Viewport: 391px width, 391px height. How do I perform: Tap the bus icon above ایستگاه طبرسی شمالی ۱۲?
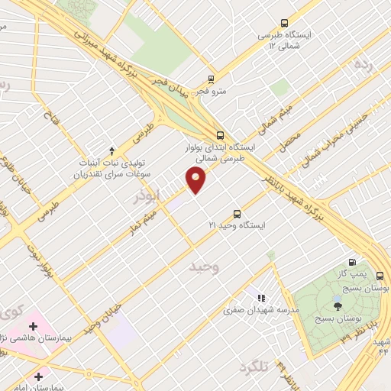(x=285, y=23)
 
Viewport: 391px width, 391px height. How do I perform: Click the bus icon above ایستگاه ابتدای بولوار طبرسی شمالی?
(x=220, y=134)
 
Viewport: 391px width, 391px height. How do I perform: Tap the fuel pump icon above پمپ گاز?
(x=351, y=261)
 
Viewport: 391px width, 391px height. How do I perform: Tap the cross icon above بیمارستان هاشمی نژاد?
(x=33, y=326)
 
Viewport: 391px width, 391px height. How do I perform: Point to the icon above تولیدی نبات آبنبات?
(x=112, y=150)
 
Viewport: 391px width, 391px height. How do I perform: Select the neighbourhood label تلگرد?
(x=254, y=368)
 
